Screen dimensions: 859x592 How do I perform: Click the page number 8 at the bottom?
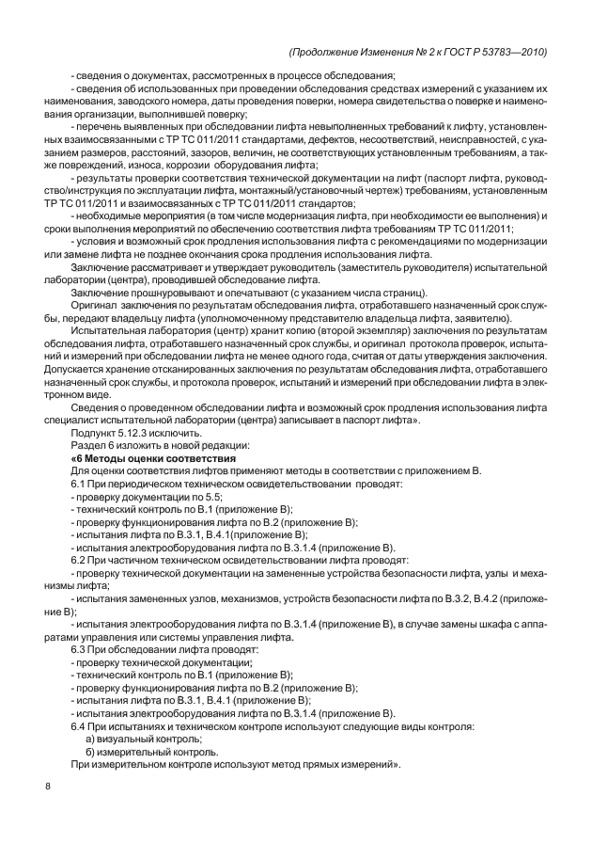click(47, 787)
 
